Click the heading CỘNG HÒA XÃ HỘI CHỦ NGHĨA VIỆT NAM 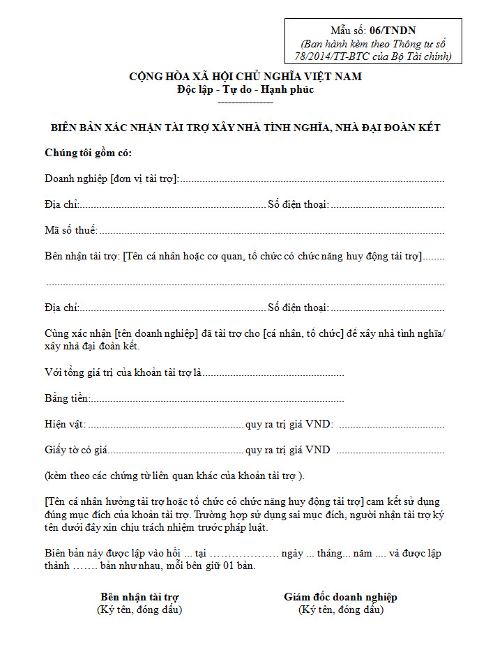point(245,77)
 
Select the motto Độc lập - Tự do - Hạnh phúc point(245,89)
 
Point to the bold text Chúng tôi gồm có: point(88,153)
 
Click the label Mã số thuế point(70,230)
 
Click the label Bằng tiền point(67,398)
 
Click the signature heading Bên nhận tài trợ point(139,597)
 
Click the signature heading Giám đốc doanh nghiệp point(340,597)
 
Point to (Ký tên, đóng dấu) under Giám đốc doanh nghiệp point(340,610)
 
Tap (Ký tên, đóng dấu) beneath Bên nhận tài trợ point(139,610)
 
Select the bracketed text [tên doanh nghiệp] point(155,333)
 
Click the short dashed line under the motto point(245,103)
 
